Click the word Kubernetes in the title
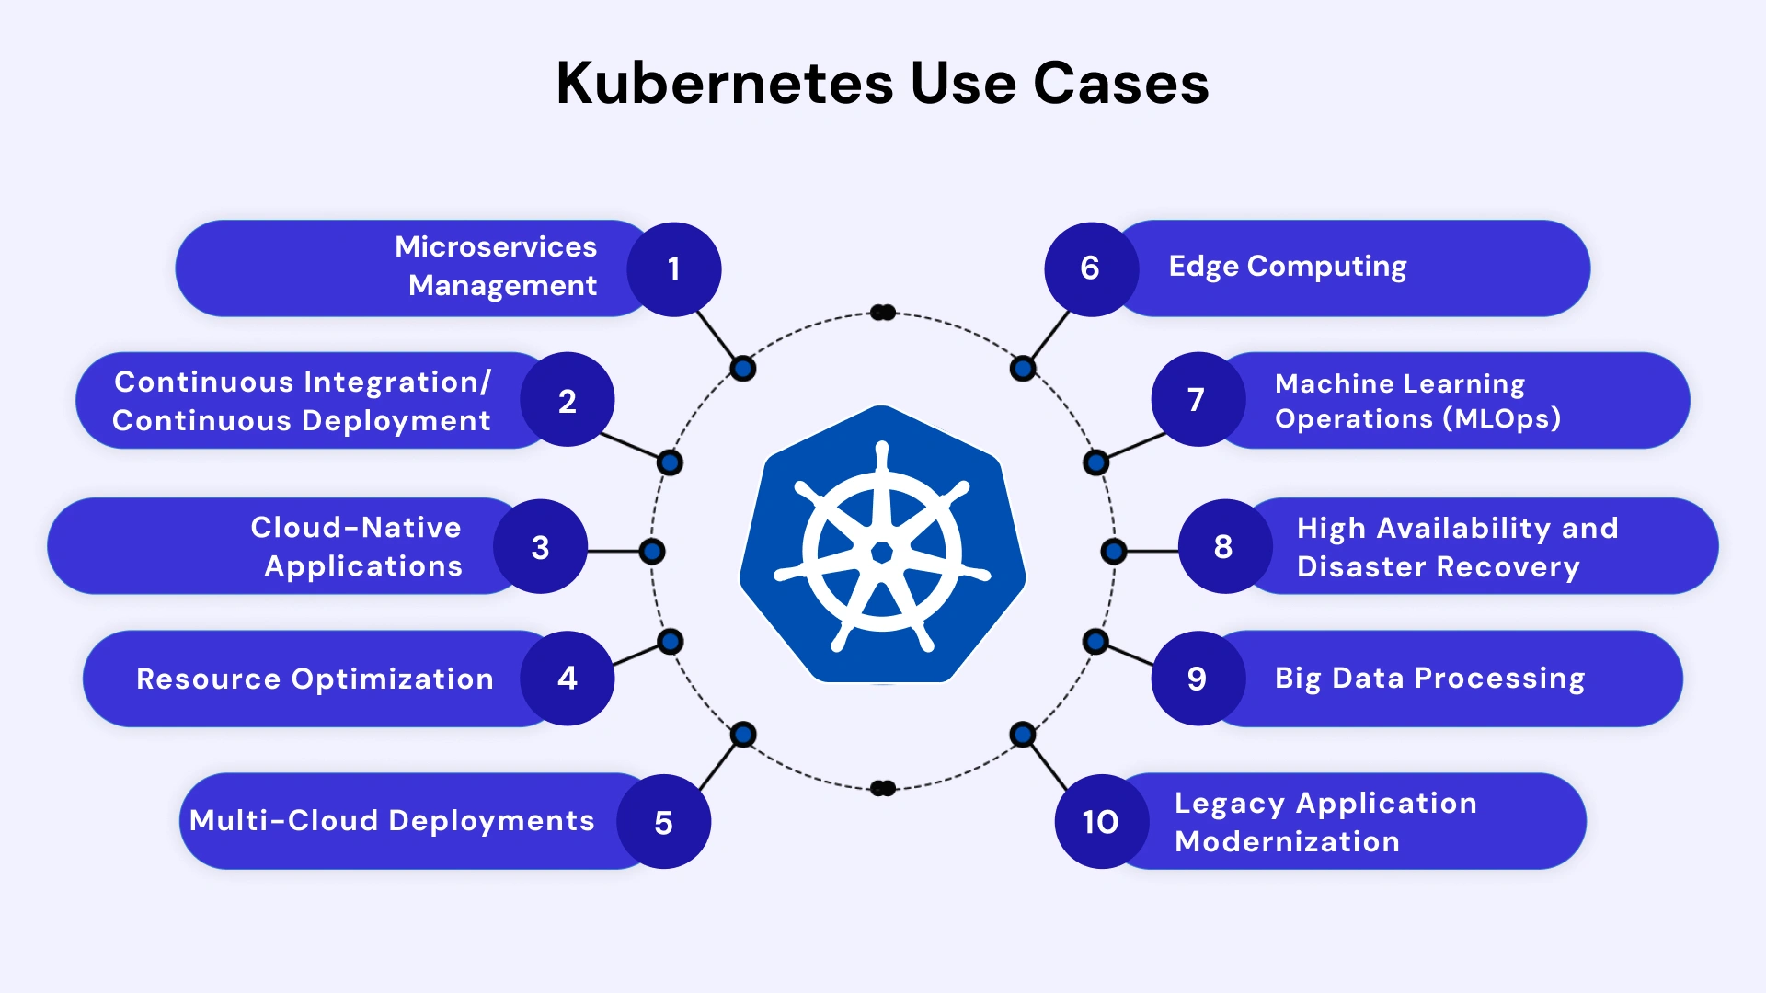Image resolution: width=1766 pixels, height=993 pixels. click(725, 84)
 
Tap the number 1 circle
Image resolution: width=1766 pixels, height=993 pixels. click(674, 269)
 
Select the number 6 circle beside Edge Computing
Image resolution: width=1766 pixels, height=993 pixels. click(1091, 268)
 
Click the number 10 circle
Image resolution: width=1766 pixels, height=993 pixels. click(1101, 822)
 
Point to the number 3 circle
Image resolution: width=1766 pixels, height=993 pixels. click(541, 547)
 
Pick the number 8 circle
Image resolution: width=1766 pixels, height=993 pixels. click(1224, 547)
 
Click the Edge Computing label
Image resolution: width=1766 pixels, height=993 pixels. click(1287, 267)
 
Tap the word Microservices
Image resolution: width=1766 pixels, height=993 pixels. click(496, 246)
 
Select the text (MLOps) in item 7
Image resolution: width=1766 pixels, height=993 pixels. click(1501, 419)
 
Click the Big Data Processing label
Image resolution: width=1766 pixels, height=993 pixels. click(1429, 679)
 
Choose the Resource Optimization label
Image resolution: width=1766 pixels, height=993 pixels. click(315, 679)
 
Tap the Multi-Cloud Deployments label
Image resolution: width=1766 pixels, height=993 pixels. click(392, 821)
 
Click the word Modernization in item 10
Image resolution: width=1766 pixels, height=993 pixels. click(1287, 842)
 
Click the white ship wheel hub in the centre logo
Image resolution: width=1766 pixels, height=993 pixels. click(882, 552)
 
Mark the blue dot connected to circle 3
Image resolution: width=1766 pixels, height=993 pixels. click(652, 552)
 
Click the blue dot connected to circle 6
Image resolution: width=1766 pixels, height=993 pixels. click(1023, 369)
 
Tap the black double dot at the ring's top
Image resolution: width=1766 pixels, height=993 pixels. click(883, 313)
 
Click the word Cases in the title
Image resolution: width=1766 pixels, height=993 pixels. click(1120, 84)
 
